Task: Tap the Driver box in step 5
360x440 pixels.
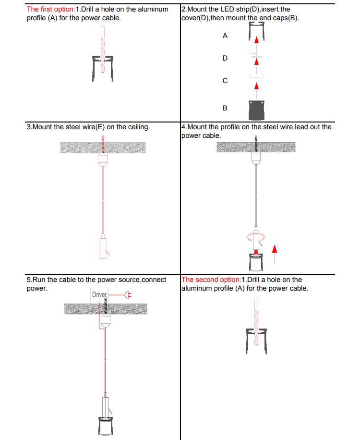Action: [99, 294]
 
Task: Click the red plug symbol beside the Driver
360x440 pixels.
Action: [128, 294]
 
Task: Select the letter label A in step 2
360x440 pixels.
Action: [225, 36]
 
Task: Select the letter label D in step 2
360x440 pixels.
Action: [225, 58]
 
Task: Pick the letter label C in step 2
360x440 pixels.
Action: [225, 81]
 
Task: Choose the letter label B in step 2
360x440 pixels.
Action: [225, 108]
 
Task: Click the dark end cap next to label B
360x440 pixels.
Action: [256, 110]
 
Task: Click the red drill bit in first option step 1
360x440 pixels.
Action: [102, 50]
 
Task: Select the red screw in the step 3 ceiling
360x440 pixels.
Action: [103, 144]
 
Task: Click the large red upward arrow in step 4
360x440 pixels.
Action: [275, 253]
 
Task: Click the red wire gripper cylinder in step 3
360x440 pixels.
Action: [102, 247]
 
